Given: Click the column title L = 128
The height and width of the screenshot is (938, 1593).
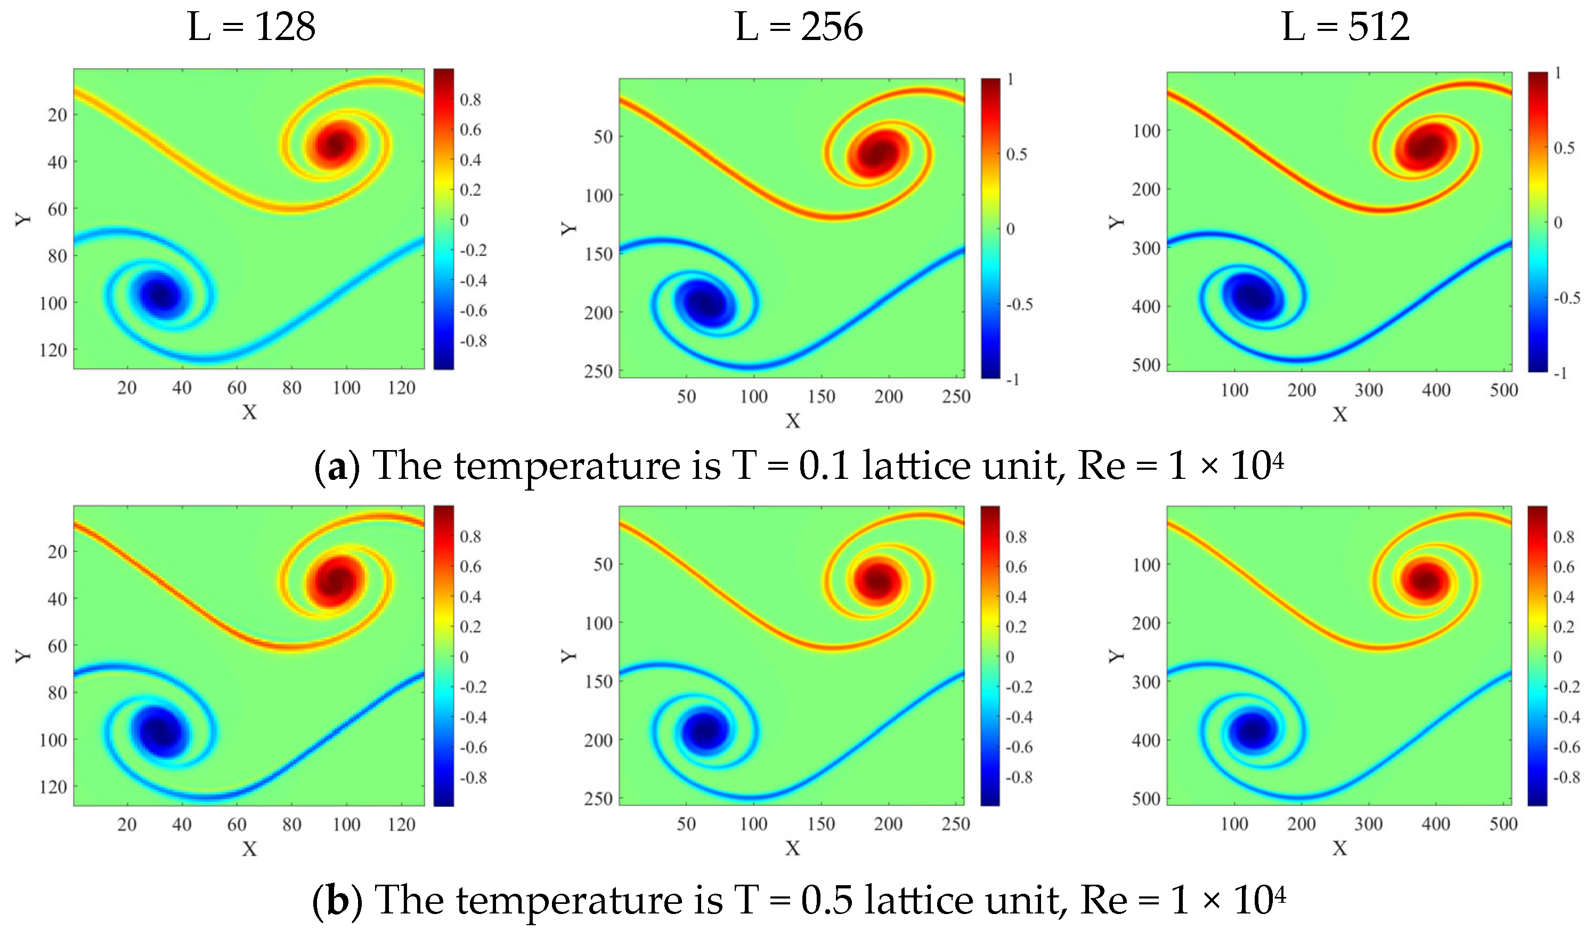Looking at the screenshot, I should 251,27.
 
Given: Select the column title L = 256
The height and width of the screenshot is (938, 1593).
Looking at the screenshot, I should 799,27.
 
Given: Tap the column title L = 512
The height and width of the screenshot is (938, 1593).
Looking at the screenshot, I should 1346,27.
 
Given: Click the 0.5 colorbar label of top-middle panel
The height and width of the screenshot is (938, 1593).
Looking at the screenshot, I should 1016,154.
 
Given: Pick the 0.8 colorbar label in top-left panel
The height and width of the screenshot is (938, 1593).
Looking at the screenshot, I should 470,100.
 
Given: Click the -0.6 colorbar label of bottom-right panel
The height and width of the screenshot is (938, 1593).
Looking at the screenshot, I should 1566,747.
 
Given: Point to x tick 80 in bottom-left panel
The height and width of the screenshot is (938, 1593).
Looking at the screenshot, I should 291,825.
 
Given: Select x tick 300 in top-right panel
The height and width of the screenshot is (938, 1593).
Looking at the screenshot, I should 1368,390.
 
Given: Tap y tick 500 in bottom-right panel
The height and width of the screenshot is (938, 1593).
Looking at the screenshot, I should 1146,799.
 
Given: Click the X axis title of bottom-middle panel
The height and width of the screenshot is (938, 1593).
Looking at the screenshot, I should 792,848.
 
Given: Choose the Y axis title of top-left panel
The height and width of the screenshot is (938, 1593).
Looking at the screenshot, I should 23,219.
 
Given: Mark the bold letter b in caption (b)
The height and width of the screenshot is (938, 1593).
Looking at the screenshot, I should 338,901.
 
